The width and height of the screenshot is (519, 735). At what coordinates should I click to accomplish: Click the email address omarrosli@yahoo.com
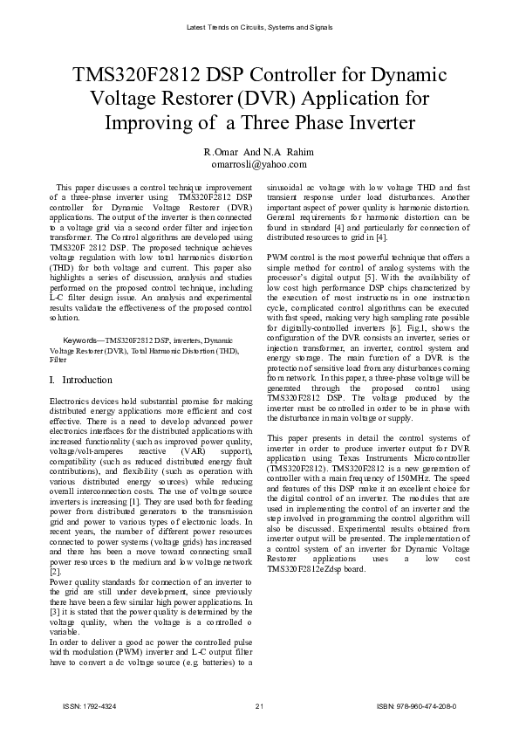pos(258,163)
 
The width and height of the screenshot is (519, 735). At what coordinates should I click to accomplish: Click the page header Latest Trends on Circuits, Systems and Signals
pos(259,27)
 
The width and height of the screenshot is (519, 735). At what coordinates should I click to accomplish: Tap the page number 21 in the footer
pos(259,704)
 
